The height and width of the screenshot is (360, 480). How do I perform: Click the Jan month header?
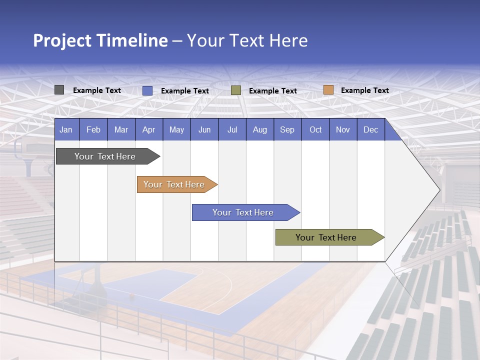point(66,129)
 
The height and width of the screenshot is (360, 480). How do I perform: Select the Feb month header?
point(93,129)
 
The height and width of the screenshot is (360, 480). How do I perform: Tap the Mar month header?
point(121,129)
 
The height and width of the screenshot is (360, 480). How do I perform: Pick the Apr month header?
point(149,129)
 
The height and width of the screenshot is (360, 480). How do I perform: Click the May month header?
point(176,129)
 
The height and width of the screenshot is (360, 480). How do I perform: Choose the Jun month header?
point(204,129)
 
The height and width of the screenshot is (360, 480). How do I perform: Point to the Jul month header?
point(232,129)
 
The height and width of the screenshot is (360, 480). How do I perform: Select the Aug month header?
point(260,129)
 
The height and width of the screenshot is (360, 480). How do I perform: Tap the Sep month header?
point(287,129)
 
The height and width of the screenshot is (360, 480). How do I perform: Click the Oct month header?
point(315,129)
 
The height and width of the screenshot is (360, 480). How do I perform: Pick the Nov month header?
point(343,129)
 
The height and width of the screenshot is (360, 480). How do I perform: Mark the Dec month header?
point(371,129)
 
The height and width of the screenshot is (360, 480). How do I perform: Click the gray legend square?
point(59,90)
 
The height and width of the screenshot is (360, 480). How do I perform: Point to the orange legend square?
point(328,90)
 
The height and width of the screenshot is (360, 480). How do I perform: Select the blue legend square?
point(147,90)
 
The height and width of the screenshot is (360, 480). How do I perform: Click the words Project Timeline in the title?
point(100,40)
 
